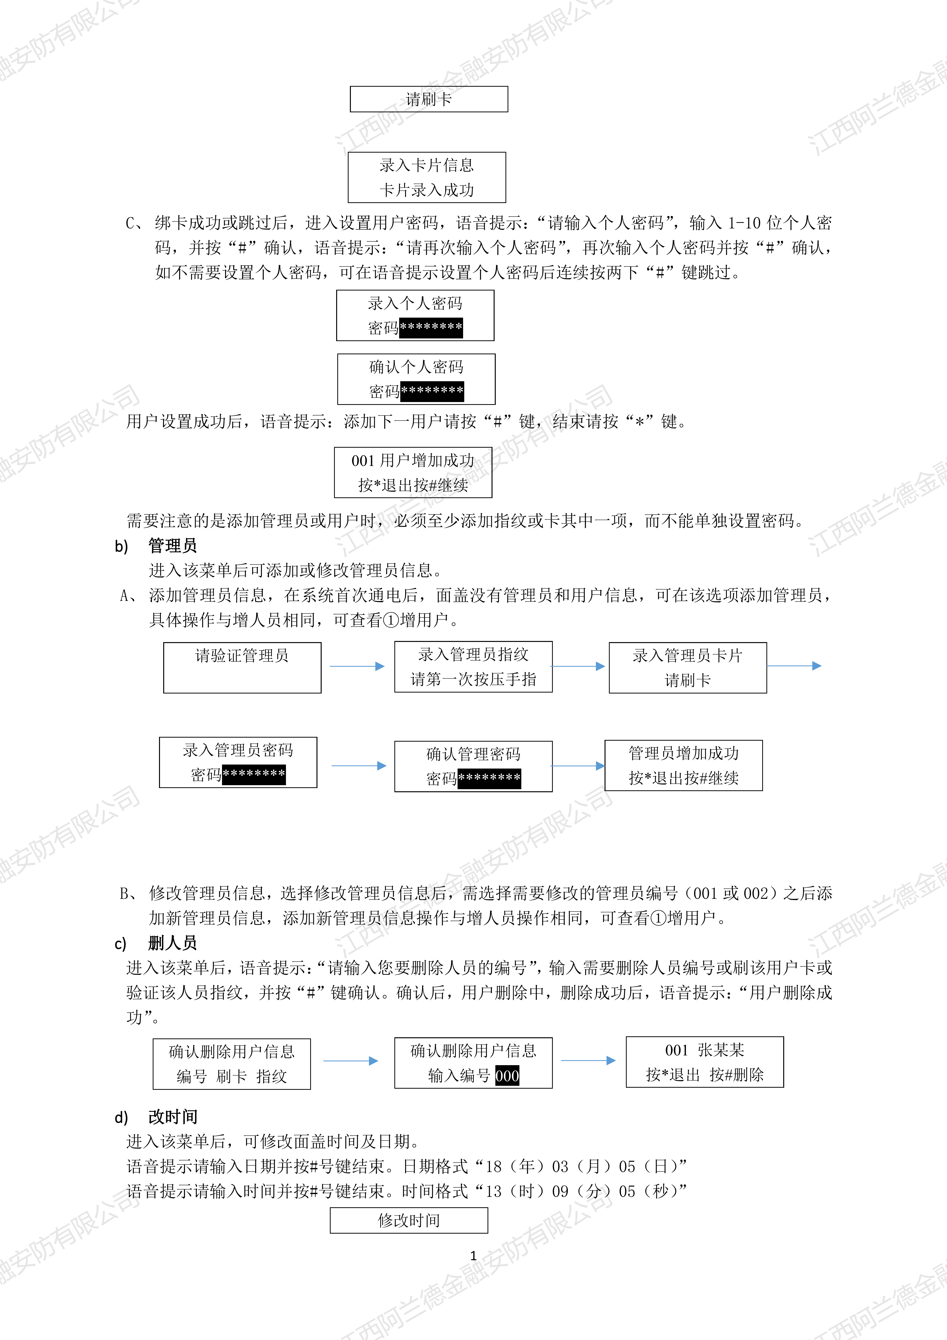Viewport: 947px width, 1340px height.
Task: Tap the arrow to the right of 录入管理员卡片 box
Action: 794,665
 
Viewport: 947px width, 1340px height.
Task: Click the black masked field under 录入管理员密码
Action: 254,774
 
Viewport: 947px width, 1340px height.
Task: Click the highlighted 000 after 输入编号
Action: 507,1076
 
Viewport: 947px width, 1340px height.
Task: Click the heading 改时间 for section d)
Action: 173,1117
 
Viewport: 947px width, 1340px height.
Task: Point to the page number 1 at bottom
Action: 473,1255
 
